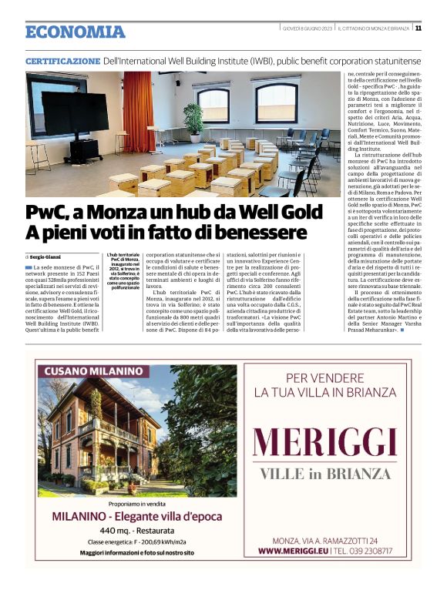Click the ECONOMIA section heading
click(x=75, y=32)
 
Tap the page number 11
click(x=418, y=28)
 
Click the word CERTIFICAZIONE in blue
click(x=62, y=60)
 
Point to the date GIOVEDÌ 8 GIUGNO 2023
click(x=308, y=28)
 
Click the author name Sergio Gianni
click(x=48, y=256)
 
